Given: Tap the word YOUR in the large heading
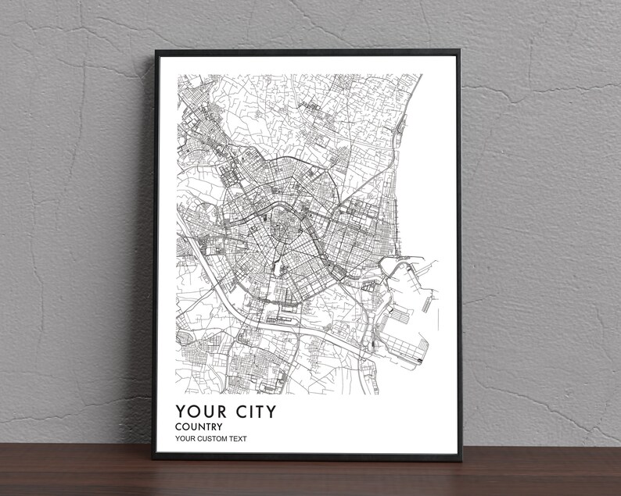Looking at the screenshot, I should point(200,411).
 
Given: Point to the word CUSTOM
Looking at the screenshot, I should point(215,438).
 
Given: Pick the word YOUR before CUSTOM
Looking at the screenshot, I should point(186,438).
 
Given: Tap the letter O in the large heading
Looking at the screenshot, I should point(193,411).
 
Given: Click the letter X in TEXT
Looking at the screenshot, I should point(238,438).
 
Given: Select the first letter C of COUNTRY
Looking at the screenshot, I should point(178,426).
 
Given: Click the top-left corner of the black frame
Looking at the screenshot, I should point(156,52).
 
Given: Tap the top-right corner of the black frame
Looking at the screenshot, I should point(459,52).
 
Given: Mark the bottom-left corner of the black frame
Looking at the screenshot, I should point(155,457).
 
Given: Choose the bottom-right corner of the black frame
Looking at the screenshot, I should point(461,457).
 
